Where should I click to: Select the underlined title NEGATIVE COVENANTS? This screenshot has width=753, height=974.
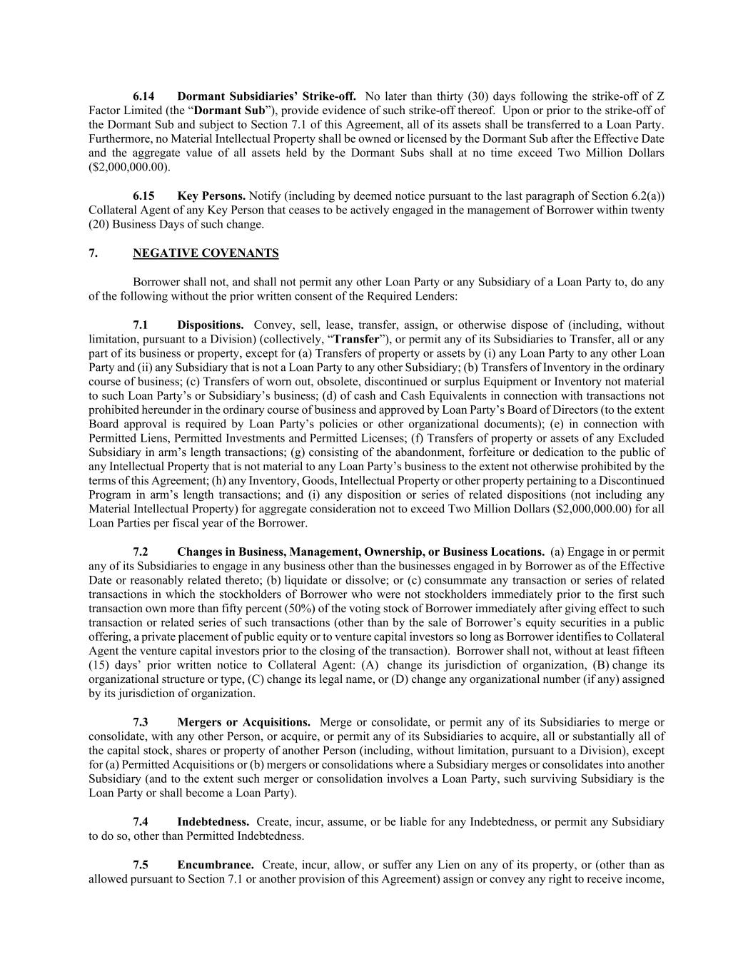pyautogui.click(x=206, y=253)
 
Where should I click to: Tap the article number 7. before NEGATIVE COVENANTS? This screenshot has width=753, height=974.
pyautogui.click(x=93, y=253)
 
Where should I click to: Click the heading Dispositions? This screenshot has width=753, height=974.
pyautogui.click(x=211, y=325)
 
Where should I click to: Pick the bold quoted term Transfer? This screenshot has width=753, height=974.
pyautogui.click(x=356, y=339)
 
